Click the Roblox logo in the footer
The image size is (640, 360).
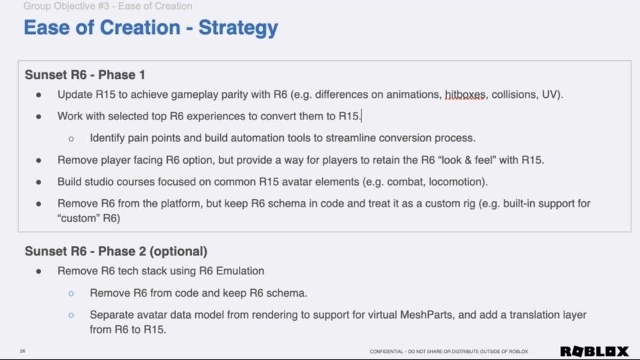point(594,351)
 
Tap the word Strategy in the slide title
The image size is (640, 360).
point(238,27)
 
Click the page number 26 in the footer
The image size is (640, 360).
point(23,351)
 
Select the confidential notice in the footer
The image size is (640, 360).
point(448,351)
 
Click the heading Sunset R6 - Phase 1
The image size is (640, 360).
point(85,75)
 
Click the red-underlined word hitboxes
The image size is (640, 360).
point(464,94)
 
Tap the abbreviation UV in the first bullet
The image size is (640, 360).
point(549,94)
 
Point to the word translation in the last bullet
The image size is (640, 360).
point(534,315)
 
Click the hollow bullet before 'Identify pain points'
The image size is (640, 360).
point(71,139)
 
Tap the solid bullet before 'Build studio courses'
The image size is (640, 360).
point(39,181)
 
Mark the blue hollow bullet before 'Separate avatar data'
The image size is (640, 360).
point(71,315)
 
